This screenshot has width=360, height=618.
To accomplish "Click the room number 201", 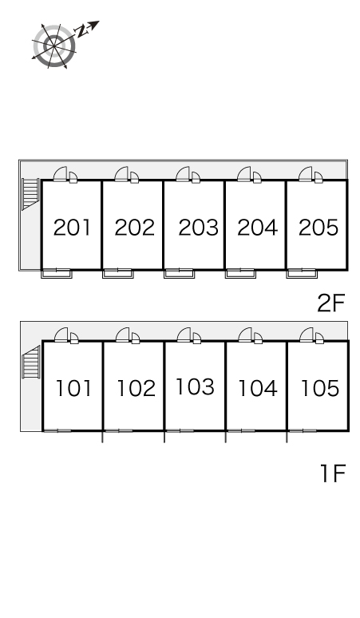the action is click(x=72, y=228).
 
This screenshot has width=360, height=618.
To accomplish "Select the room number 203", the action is click(x=198, y=228).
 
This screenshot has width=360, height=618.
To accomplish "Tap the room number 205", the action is click(x=318, y=228).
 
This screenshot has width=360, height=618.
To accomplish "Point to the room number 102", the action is click(x=136, y=388).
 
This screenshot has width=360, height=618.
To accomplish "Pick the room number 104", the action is click(x=258, y=388).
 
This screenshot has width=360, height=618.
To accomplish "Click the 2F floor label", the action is click(x=330, y=303).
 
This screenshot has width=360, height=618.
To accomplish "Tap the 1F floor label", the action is click(x=333, y=473).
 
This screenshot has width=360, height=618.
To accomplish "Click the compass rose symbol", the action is click(x=54, y=46).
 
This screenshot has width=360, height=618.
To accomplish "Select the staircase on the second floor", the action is click(x=30, y=194).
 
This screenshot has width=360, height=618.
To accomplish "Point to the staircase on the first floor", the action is click(x=31, y=362).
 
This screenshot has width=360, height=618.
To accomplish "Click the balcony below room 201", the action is click(x=57, y=273).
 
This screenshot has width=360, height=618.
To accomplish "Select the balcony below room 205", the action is click(x=302, y=273).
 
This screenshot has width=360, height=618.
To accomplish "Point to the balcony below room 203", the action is click(x=180, y=273).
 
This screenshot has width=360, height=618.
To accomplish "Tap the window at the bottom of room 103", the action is click(x=180, y=431).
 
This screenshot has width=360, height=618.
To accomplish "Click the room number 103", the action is click(x=196, y=386).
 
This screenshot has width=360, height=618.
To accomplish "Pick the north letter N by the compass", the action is click(x=82, y=31).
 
